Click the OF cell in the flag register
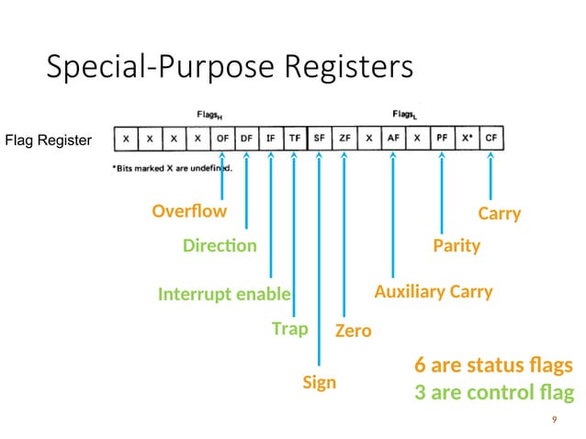pyautogui.click(x=222, y=139)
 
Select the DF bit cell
pyautogui.click(x=246, y=139)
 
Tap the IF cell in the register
pyautogui.click(x=271, y=139)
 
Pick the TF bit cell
pyautogui.click(x=295, y=139)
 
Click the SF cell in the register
pyautogui.click(x=320, y=139)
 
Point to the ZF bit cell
pyautogui.click(x=344, y=139)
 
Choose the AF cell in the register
pyautogui.click(x=393, y=139)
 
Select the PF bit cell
pyautogui.click(x=442, y=139)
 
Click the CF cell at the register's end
pyautogui.click(x=491, y=139)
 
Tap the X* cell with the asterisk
pyautogui.click(x=467, y=139)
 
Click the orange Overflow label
pyautogui.click(x=189, y=212)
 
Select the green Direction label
pyautogui.click(x=220, y=246)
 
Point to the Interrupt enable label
pyautogui.click(x=224, y=294)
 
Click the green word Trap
pyautogui.click(x=289, y=328)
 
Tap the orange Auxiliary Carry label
pyautogui.click(x=433, y=292)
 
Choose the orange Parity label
pyautogui.click(x=456, y=246)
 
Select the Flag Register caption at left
pyautogui.click(x=49, y=141)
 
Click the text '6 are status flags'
pyautogui.click(x=494, y=366)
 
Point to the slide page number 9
pyautogui.click(x=554, y=420)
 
